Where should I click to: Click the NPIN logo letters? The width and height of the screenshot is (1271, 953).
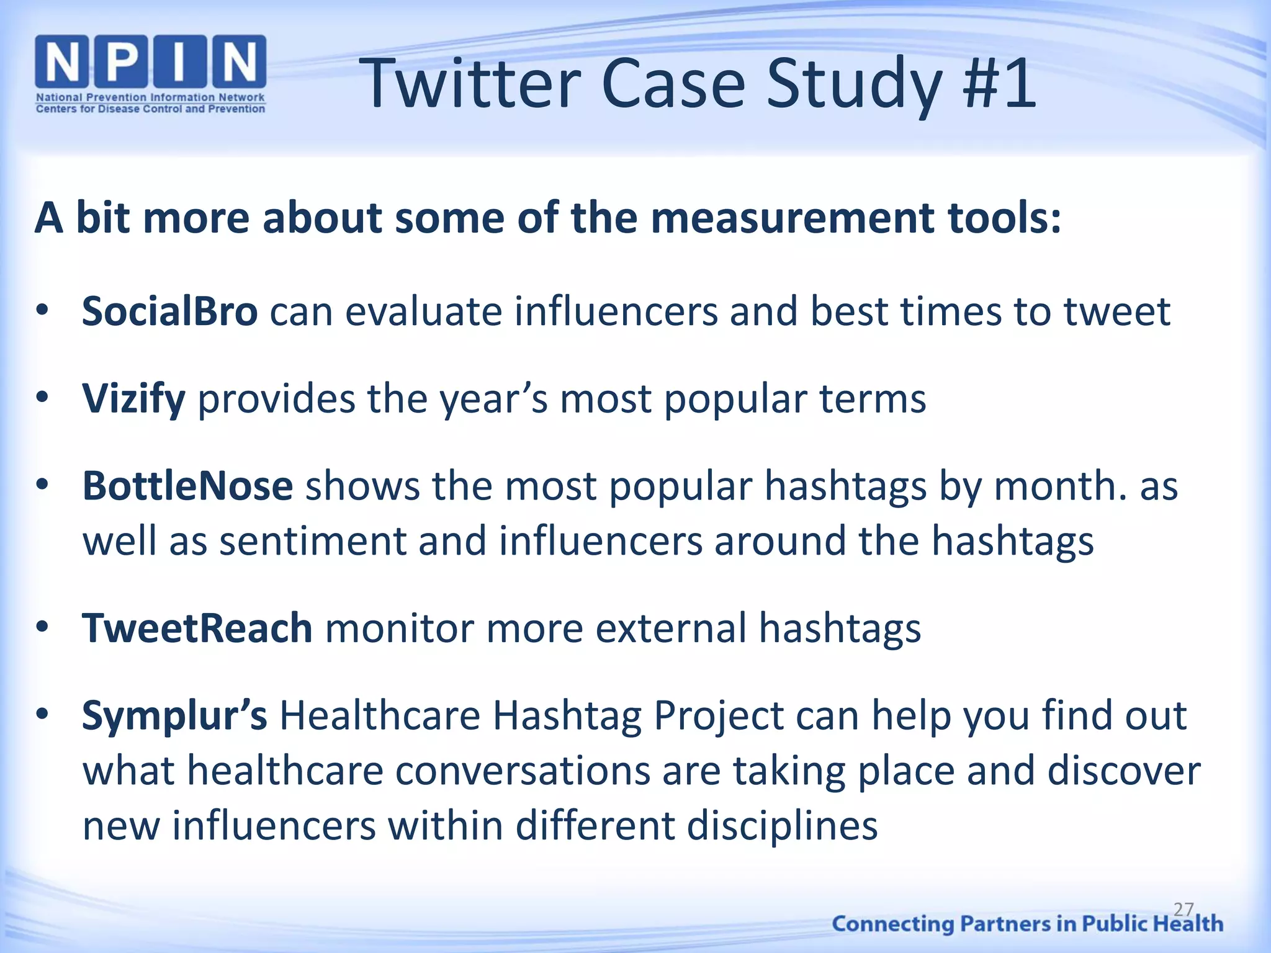pyautogui.click(x=151, y=62)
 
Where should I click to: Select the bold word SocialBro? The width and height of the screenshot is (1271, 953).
pyautogui.click(x=169, y=311)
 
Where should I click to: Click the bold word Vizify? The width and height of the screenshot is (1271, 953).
pyautogui.click(x=133, y=398)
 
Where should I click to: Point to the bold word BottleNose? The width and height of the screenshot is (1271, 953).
pyautogui.click(x=187, y=485)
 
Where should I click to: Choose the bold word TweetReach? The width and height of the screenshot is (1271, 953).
pyautogui.click(x=197, y=628)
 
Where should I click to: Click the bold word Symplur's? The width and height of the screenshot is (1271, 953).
pyautogui.click(x=174, y=715)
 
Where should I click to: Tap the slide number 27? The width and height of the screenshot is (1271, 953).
pyautogui.click(x=1183, y=910)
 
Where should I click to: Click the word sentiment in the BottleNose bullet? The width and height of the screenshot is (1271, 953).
pyautogui.click(x=312, y=541)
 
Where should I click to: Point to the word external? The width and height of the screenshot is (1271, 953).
pyautogui.click(x=671, y=628)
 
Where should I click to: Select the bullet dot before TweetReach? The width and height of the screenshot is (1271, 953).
pyautogui.click(x=42, y=627)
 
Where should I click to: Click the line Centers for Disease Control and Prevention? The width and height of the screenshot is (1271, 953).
pyautogui.click(x=150, y=109)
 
